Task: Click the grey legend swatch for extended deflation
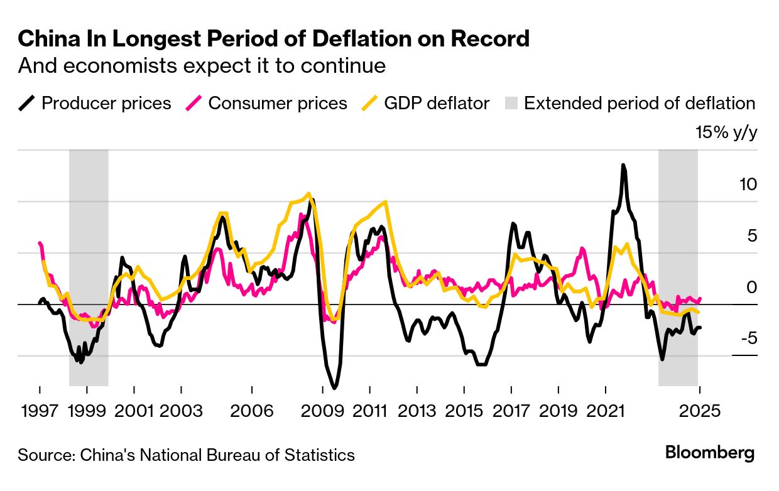coord(511,103)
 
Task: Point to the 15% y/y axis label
coord(726,133)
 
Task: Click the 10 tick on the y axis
coord(748,185)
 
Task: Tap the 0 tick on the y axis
coord(751,288)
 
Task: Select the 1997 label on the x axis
coord(40,411)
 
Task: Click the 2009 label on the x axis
coord(322,411)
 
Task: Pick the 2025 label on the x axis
coord(699,411)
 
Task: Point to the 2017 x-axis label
coord(511,411)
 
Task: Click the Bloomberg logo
coord(710,453)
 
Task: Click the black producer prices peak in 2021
coord(623,166)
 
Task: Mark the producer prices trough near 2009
coord(334,387)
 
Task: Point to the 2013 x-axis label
coord(417,411)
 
